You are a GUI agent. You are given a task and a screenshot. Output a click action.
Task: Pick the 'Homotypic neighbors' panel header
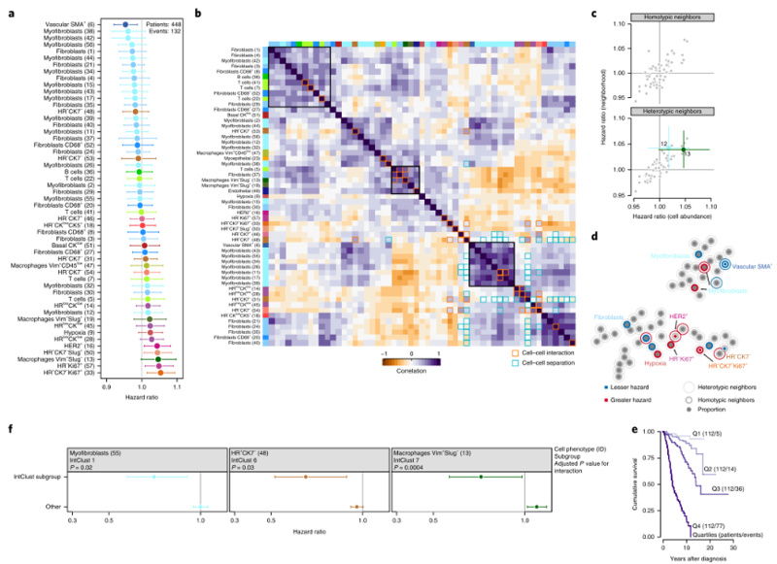click(674, 17)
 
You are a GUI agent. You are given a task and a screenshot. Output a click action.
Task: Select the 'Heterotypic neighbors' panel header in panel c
click(674, 112)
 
